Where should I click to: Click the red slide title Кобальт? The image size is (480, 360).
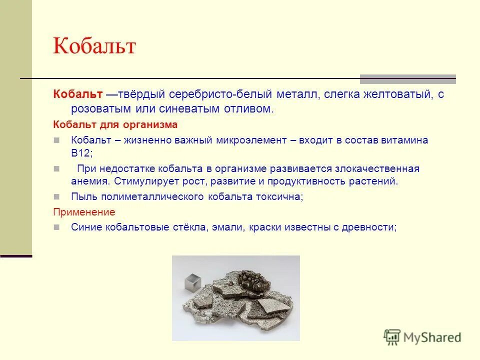[x=94, y=46]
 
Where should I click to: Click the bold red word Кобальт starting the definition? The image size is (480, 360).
[x=78, y=94]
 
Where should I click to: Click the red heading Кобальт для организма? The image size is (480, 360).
[x=115, y=124]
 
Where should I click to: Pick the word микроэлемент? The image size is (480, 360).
[x=252, y=140]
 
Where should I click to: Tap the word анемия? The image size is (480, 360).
[x=90, y=181]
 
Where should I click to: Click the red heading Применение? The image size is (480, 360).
[x=84, y=212]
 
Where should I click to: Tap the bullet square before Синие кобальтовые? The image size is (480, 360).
[x=56, y=227]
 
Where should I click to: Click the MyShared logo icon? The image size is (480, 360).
[x=392, y=337]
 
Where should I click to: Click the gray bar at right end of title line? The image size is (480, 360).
[x=408, y=79]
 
